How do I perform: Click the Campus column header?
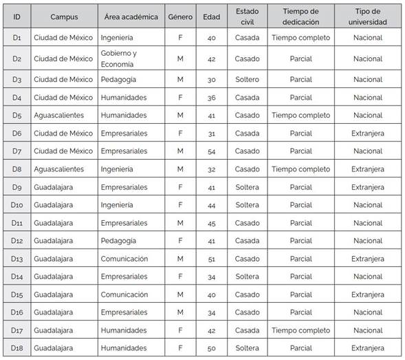[64, 17]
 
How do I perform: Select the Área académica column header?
[131, 17]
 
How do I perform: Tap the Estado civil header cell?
[247, 17]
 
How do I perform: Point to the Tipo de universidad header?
[368, 17]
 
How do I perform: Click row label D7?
[17, 151]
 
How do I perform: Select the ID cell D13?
[17, 259]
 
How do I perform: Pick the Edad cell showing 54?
[211, 151]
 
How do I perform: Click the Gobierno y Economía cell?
[131, 59]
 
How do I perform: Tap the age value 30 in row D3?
[211, 80]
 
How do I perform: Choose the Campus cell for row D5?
[64, 115]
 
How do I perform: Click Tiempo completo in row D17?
[300, 330]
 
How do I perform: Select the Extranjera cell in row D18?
[368, 348]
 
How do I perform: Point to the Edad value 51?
[211, 259]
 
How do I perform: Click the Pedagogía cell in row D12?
[131, 241]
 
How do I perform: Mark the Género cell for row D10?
[180, 204]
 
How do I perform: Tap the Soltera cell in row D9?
[247, 187]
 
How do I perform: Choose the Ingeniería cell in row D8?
[131, 169]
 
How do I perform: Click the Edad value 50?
[211, 348]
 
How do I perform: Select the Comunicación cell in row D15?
[131, 295]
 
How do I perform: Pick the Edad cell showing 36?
[211, 98]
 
